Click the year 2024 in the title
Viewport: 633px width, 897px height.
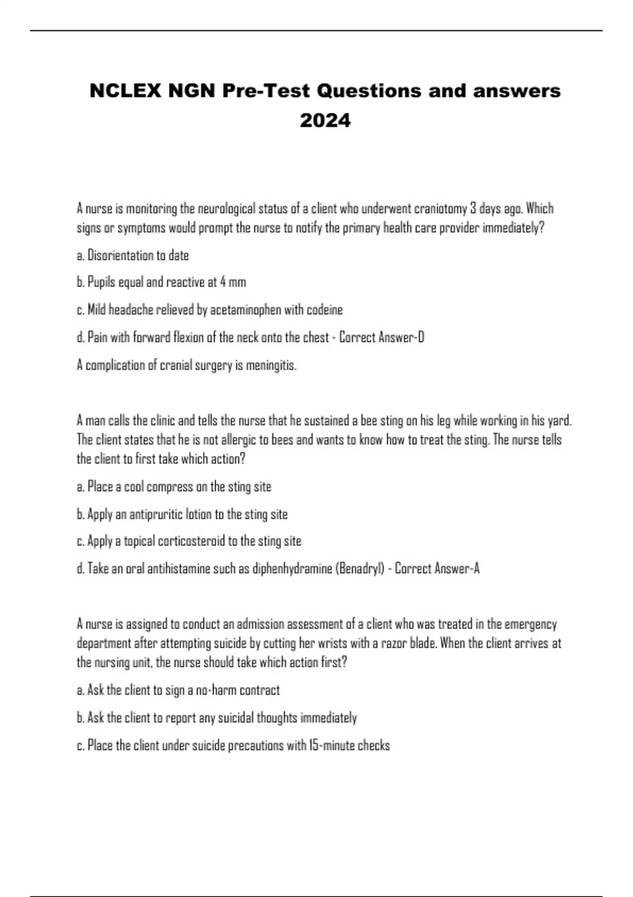[x=325, y=121]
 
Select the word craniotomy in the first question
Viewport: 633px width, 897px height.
[x=440, y=209]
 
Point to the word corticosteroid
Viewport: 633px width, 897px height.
[x=191, y=541]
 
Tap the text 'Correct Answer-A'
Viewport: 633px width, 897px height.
[x=437, y=569]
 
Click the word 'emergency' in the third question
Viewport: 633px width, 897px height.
[x=530, y=625]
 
